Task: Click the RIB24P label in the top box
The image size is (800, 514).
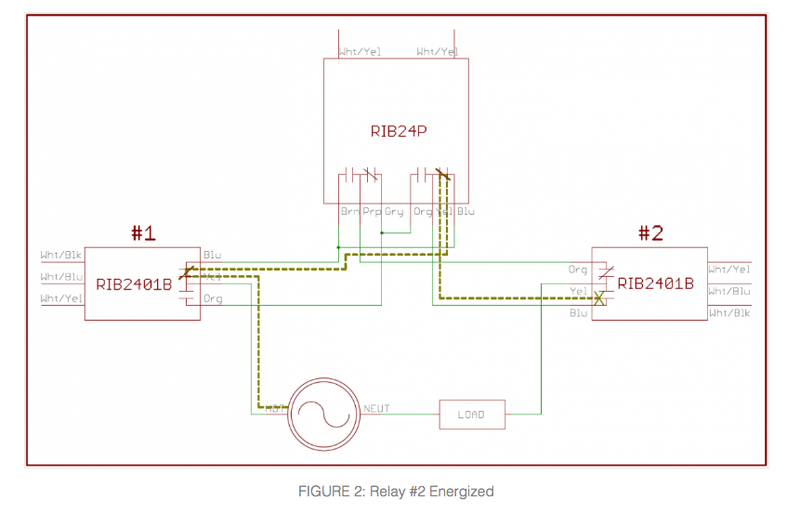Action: [398, 131]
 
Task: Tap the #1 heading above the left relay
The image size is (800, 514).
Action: [142, 233]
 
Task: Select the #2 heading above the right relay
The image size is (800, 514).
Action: [650, 233]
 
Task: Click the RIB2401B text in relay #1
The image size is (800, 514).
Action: [134, 283]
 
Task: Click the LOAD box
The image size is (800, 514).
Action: [472, 415]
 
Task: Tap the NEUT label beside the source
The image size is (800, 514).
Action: [376, 409]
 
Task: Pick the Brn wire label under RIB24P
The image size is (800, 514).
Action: [350, 212]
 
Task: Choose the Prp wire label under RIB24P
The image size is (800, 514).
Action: [372, 212]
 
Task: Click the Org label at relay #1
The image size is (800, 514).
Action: [213, 298]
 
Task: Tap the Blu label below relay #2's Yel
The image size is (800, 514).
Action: [578, 313]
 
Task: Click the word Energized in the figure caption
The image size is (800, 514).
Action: [462, 492]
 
